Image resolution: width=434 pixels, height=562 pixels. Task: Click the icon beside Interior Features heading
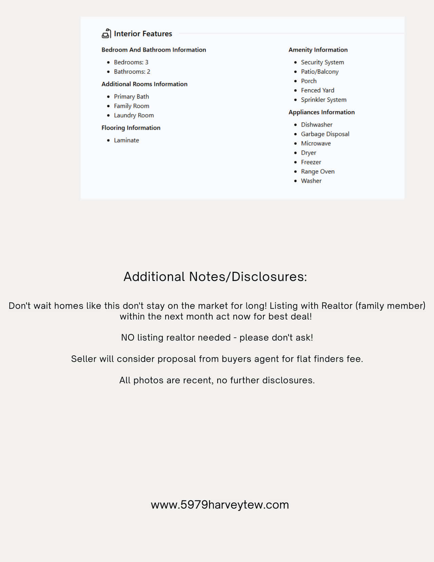tap(106, 34)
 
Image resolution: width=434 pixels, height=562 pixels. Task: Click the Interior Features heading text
tap(143, 34)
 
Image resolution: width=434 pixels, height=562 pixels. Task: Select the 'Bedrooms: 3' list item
tap(131, 62)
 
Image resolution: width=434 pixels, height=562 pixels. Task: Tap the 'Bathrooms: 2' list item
tap(132, 72)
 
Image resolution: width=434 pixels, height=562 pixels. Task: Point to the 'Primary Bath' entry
tap(131, 97)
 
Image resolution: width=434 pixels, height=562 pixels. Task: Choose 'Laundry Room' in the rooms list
tap(134, 115)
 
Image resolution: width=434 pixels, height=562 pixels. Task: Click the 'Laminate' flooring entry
tap(126, 140)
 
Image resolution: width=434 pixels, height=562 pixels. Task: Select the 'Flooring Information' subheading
tap(131, 128)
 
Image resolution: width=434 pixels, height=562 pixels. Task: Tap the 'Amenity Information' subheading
tap(318, 50)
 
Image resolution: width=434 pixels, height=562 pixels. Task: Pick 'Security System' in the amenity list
tap(322, 62)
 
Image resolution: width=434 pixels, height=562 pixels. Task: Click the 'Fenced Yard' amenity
tap(317, 90)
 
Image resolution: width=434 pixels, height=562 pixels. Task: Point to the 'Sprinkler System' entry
tap(323, 100)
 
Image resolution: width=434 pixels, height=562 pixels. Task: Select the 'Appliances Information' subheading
tap(321, 112)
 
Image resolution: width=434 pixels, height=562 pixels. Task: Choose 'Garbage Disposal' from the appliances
tap(325, 134)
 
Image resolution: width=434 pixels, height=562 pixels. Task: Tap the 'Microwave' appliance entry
tap(316, 143)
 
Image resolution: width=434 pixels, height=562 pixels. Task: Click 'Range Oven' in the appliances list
tap(317, 172)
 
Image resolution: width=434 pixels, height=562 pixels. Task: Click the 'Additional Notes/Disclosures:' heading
tap(215, 277)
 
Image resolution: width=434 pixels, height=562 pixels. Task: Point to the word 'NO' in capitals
tap(128, 338)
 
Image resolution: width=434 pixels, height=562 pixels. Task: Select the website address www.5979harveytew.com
tap(220, 505)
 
